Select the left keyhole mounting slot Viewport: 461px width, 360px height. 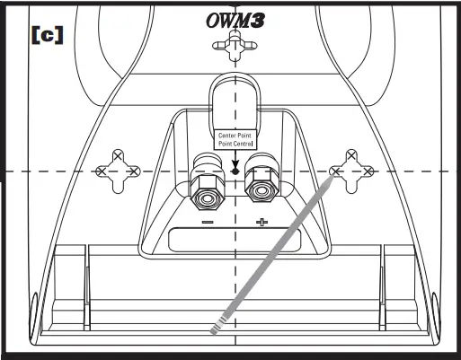coord(119,170)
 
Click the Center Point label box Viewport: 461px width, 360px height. coord(235,140)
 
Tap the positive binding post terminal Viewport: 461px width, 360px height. coord(262,180)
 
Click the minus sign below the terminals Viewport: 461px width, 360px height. coord(207,222)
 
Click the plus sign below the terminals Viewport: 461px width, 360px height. coord(262,222)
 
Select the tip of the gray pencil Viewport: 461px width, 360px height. coord(338,176)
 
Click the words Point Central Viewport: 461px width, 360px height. coord(235,144)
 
